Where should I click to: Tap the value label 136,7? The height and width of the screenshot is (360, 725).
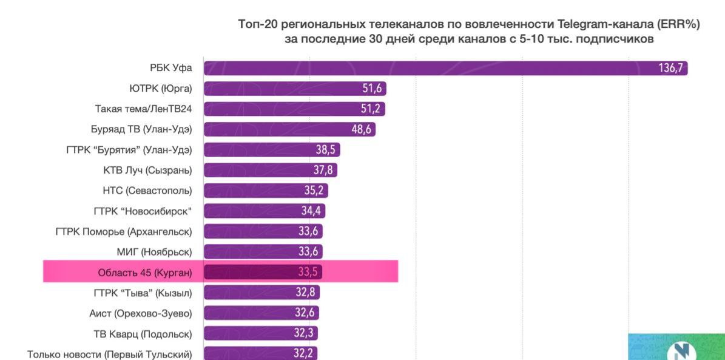click(670, 68)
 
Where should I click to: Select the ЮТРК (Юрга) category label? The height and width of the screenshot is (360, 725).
click(160, 89)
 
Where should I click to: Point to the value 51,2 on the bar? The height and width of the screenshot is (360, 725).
click(371, 109)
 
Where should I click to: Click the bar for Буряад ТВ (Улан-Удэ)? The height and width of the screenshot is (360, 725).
click(289, 129)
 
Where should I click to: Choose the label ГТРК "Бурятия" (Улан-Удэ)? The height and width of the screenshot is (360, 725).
click(129, 150)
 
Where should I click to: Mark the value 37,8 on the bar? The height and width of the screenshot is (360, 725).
click(323, 170)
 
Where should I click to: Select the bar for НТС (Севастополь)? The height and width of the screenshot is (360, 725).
click(266, 191)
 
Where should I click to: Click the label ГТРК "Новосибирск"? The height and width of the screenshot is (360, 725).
click(143, 211)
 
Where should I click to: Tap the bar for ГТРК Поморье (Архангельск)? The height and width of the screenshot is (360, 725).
click(263, 231)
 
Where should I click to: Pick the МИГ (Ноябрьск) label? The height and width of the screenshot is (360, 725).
click(154, 251)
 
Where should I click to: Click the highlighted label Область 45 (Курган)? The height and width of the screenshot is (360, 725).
click(144, 272)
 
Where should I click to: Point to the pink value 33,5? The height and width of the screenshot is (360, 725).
click(306, 272)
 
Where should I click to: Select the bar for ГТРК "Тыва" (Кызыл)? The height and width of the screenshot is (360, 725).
click(261, 293)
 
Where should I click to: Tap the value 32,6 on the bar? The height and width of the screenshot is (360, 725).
click(305, 313)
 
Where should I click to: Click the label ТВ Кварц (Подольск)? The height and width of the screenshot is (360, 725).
click(142, 333)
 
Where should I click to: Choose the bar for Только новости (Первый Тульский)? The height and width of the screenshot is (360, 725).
click(260, 353)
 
